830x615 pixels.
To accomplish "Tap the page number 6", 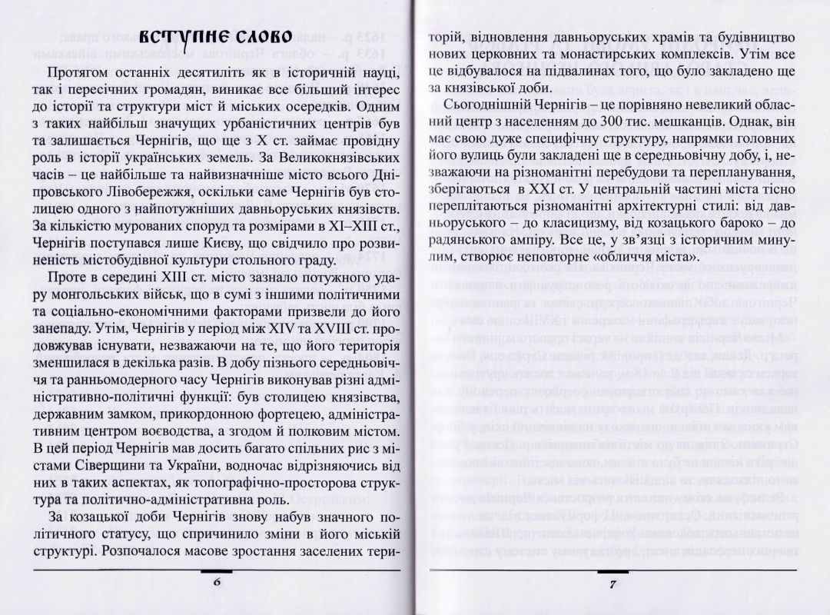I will point(217,583).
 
